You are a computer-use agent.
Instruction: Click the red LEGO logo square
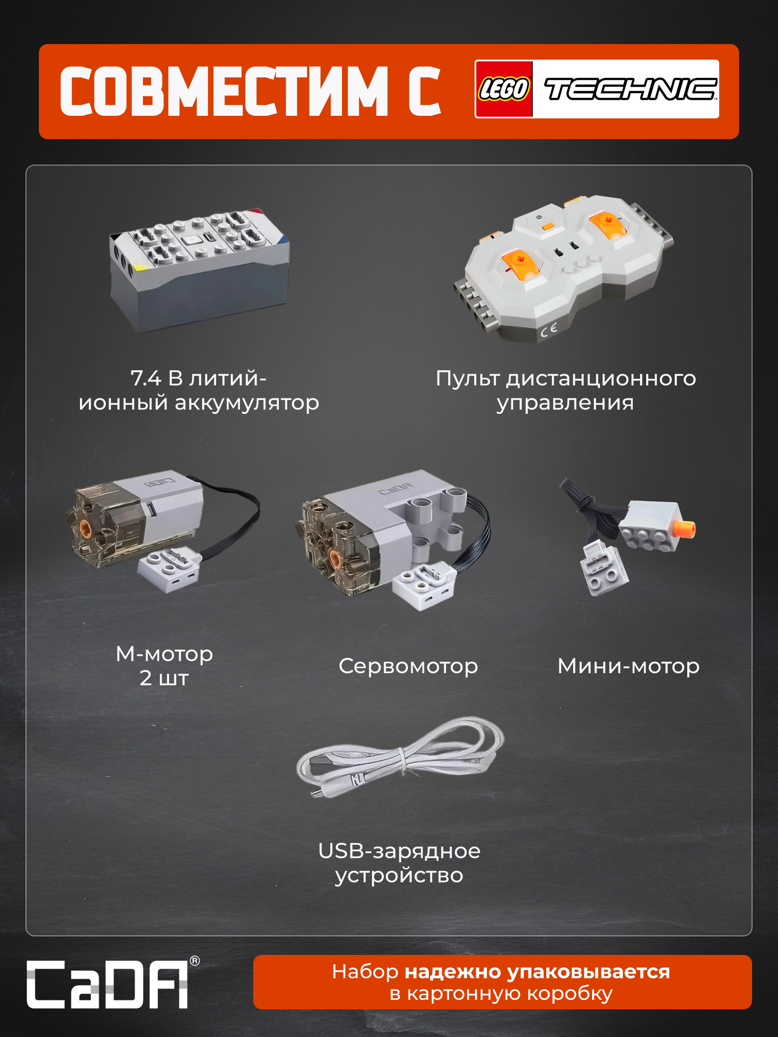tap(504, 89)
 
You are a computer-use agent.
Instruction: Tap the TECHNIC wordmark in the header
tap(630, 89)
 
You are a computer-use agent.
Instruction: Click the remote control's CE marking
tap(548, 330)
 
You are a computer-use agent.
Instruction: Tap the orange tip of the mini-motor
tap(686, 529)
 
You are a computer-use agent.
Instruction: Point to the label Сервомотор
tap(408, 666)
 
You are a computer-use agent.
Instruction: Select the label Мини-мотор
tap(628, 666)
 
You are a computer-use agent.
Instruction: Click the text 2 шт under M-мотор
tap(164, 678)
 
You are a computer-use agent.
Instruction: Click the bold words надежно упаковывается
tap(537, 972)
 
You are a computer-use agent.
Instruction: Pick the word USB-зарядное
tap(399, 851)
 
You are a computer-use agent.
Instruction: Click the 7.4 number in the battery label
tap(146, 379)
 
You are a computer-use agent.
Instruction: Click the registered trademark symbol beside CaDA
tap(194, 961)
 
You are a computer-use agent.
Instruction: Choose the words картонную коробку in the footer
tap(510, 994)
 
